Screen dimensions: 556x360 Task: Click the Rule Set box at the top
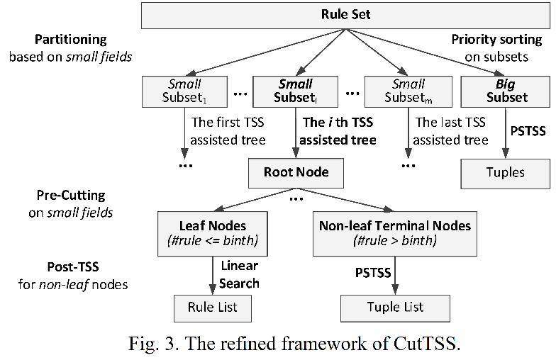point(346,16)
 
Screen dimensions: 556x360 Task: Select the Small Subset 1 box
point(184,91)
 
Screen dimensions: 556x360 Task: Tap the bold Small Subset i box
point(295,91)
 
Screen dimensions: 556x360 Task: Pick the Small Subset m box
point(408,91)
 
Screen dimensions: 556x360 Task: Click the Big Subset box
point(505,91)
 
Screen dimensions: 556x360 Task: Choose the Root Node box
point(296,173)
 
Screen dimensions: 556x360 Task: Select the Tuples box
point(505,174)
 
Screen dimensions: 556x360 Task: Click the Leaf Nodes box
point(213,234)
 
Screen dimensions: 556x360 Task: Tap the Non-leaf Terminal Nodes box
point(394,234)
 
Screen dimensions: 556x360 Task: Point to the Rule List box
point(213,308)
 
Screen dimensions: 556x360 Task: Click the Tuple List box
point(395,308)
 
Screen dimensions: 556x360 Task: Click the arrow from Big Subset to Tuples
point(506,133)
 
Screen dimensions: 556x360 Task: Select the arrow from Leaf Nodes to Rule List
point(213,275)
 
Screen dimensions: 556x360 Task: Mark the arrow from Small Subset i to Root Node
point(296,133)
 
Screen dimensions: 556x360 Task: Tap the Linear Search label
point(240,275)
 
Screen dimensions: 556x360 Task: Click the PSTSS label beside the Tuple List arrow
point(373,273)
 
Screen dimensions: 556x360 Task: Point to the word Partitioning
point(71,40)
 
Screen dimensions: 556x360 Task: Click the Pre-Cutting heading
point(71,196)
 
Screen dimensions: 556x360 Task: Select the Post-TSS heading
point(73,266)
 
